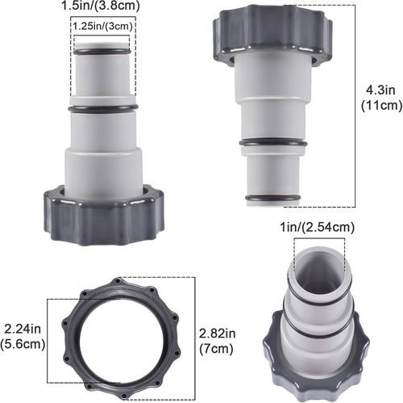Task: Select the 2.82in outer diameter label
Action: pos(218,333)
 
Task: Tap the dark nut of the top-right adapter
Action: pos(272,35)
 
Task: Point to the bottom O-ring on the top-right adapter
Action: pos(272,196)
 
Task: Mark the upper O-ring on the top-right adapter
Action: pos(272,143)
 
